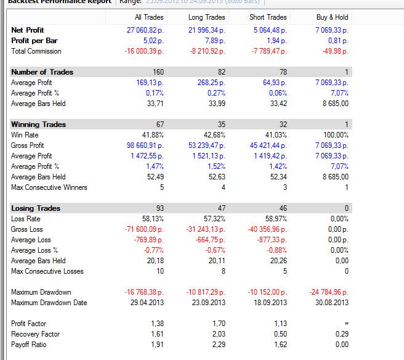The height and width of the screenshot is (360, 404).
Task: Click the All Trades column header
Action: (x=149, y=17)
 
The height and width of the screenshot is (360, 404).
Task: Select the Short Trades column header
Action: (x=268, y=17)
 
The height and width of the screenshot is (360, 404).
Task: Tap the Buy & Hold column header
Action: (x=332, y=17)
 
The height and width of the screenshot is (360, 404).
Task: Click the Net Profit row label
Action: (x=28, y=30)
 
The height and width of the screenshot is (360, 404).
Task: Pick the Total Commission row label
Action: (x=36, y=51)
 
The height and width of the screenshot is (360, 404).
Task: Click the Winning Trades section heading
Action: (x=38, y=125)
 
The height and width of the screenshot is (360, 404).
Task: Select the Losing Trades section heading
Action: (x=36, y=208)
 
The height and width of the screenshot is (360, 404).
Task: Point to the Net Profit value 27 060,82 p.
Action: (x=145, y=30)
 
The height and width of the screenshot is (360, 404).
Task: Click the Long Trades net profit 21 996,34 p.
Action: (x=206, y=30)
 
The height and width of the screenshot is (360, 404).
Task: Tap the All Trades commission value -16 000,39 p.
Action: (x=144, y=51)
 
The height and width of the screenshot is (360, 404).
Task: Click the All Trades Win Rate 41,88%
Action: (x=152, y=135)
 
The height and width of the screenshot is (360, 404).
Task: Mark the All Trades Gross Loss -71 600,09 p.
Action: (x=144, y=229)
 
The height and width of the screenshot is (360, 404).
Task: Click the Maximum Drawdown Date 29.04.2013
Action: (x=147, y=303)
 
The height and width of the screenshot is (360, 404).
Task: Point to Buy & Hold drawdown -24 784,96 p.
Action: (x=328, y=292)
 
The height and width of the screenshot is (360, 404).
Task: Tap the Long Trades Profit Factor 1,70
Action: (x=218, y=324)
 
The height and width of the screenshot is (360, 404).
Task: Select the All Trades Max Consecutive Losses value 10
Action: (x=160, y=271)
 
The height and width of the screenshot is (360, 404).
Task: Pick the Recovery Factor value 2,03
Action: (x=218, y=334)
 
